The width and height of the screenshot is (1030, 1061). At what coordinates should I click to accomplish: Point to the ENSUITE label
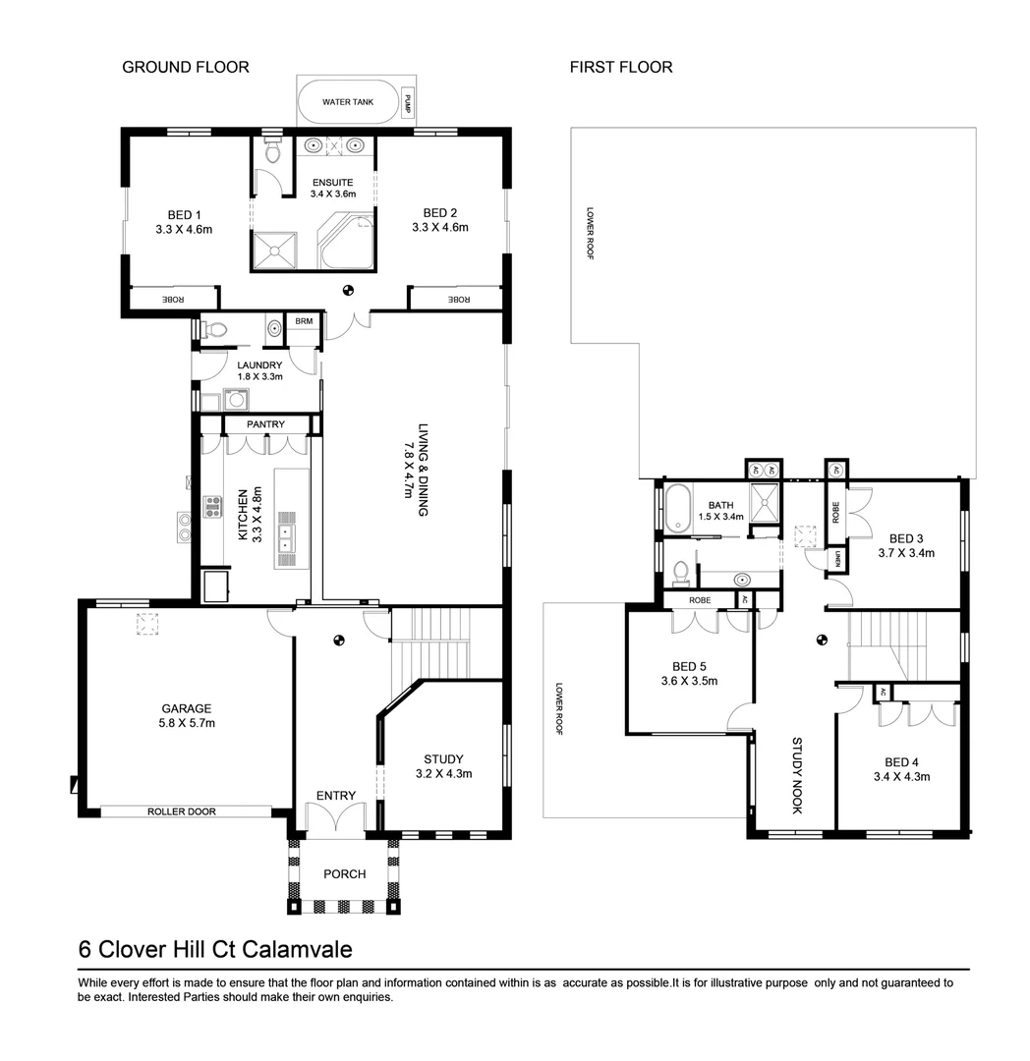tap(331, 183)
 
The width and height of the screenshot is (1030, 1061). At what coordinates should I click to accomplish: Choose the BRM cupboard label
tap(302, 321)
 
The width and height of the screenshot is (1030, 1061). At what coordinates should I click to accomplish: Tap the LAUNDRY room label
tap(259, 365)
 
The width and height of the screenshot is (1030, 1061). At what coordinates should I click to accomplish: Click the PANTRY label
tap(265, 424)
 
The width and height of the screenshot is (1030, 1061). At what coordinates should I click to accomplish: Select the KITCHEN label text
tap(244, 515)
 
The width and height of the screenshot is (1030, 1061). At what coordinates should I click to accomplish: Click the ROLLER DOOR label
tap(182, 811)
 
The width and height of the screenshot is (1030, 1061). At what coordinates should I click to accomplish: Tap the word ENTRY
tap(335, 795)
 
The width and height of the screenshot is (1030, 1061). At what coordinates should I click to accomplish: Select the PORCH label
tap(344, 874)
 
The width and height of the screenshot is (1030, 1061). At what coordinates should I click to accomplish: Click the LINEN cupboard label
tap(835, 560)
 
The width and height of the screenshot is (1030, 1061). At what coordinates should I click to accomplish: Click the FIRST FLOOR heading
tap(621, 68)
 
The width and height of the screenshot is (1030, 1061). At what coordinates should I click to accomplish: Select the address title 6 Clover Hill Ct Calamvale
tap(215, 950)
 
